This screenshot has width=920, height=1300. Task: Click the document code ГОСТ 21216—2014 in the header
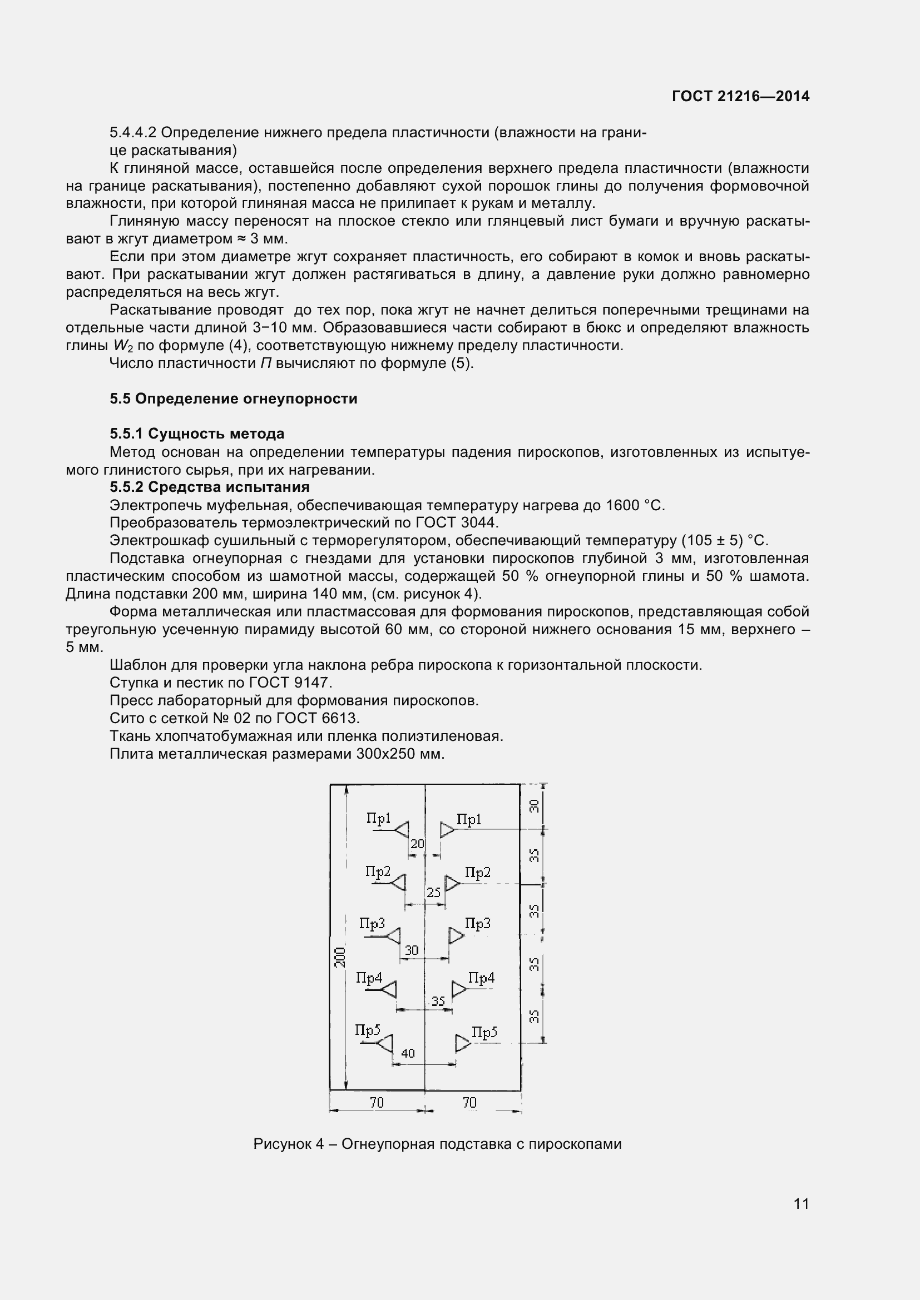[x=740, y=96]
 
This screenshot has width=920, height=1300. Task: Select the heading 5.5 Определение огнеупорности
[x=234, y=399]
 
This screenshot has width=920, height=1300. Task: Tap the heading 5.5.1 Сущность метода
[x=196, y=434]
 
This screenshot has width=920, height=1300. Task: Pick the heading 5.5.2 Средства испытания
[x=210, y=487]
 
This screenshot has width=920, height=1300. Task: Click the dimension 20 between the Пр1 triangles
[x=417, y=844]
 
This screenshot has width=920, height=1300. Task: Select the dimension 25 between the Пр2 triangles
[x=433, y=893]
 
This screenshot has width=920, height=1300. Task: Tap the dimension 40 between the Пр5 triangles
[x=408, y=1053]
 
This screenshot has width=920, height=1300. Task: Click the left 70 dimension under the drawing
[x=377, y=1102]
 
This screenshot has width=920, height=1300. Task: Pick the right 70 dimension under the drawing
[x=469, y=1102]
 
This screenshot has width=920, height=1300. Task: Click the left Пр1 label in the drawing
[x=378, y=818]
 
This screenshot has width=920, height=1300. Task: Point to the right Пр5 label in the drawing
[x=484, y=1033]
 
